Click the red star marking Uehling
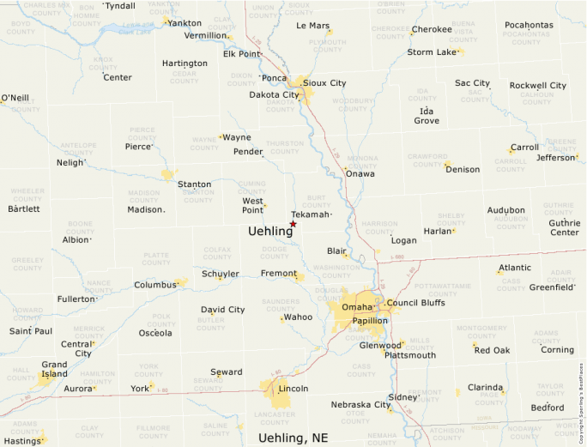(293, 224)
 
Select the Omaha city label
(357, 307)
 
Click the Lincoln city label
(293, 389)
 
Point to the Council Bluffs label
(415, 303)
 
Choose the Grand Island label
(54, 370)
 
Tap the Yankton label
(185, 23)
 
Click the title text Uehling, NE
(293, 438)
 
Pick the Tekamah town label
(310, 214)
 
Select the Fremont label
(278, 273)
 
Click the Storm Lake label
(432, 52)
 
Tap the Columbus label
(154, 285)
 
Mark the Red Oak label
(492, 350)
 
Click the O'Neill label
(15, 98)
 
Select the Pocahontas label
(529, 25)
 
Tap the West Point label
(252, 205)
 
